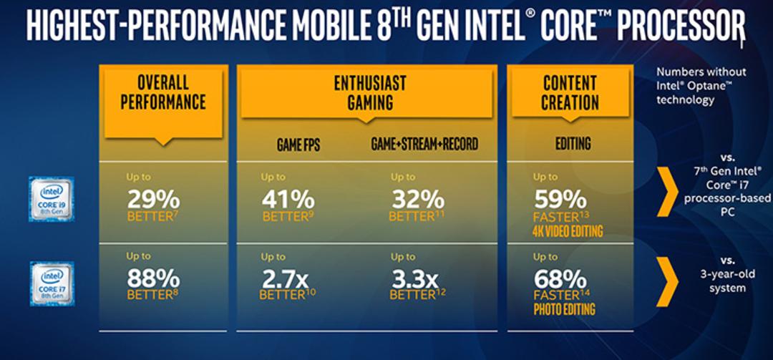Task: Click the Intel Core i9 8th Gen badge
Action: (x=52, y=199)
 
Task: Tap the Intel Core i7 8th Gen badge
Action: (x=52, y=283)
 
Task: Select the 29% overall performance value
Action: (x=153, y=200)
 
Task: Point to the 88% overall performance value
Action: (x=153, y=279)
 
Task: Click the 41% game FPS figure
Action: (x=288, y=200)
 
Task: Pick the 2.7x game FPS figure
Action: (x=284, y=280)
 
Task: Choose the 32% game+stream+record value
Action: (x=418, y=200)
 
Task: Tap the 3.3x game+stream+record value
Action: (x=414, y=280)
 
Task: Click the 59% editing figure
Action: (x=560, y=200)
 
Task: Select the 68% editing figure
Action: (x=560, y=280)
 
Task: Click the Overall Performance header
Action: (x=163, y=92)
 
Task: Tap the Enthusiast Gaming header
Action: (x=370, y=92)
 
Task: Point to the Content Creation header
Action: (x=570, y=92)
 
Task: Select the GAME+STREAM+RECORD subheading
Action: (x=424, y=144)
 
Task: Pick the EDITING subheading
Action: (x=573, y=144)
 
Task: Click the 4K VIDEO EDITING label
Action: (x=568, y=230)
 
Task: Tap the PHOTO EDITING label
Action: (x=565, y=310)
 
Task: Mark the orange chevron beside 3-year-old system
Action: (x=668, y=281)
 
